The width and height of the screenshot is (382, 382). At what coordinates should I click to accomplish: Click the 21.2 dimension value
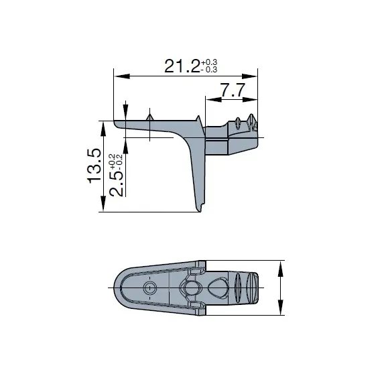coord(182,66)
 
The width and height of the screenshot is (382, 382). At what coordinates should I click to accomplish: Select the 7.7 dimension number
coord(232,91)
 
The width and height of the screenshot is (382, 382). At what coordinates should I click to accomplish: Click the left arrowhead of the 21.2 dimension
coord(117,75)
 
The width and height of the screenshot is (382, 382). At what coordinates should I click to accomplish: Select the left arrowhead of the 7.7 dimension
coord(209,100)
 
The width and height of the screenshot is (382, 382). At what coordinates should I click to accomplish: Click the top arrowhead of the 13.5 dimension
coord(103,126)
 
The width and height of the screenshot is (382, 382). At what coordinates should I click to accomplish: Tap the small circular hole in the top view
coord(149,288)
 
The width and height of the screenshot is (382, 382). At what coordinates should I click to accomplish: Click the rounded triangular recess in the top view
coord(218,288)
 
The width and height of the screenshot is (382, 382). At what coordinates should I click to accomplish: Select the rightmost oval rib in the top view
coord(253,288)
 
